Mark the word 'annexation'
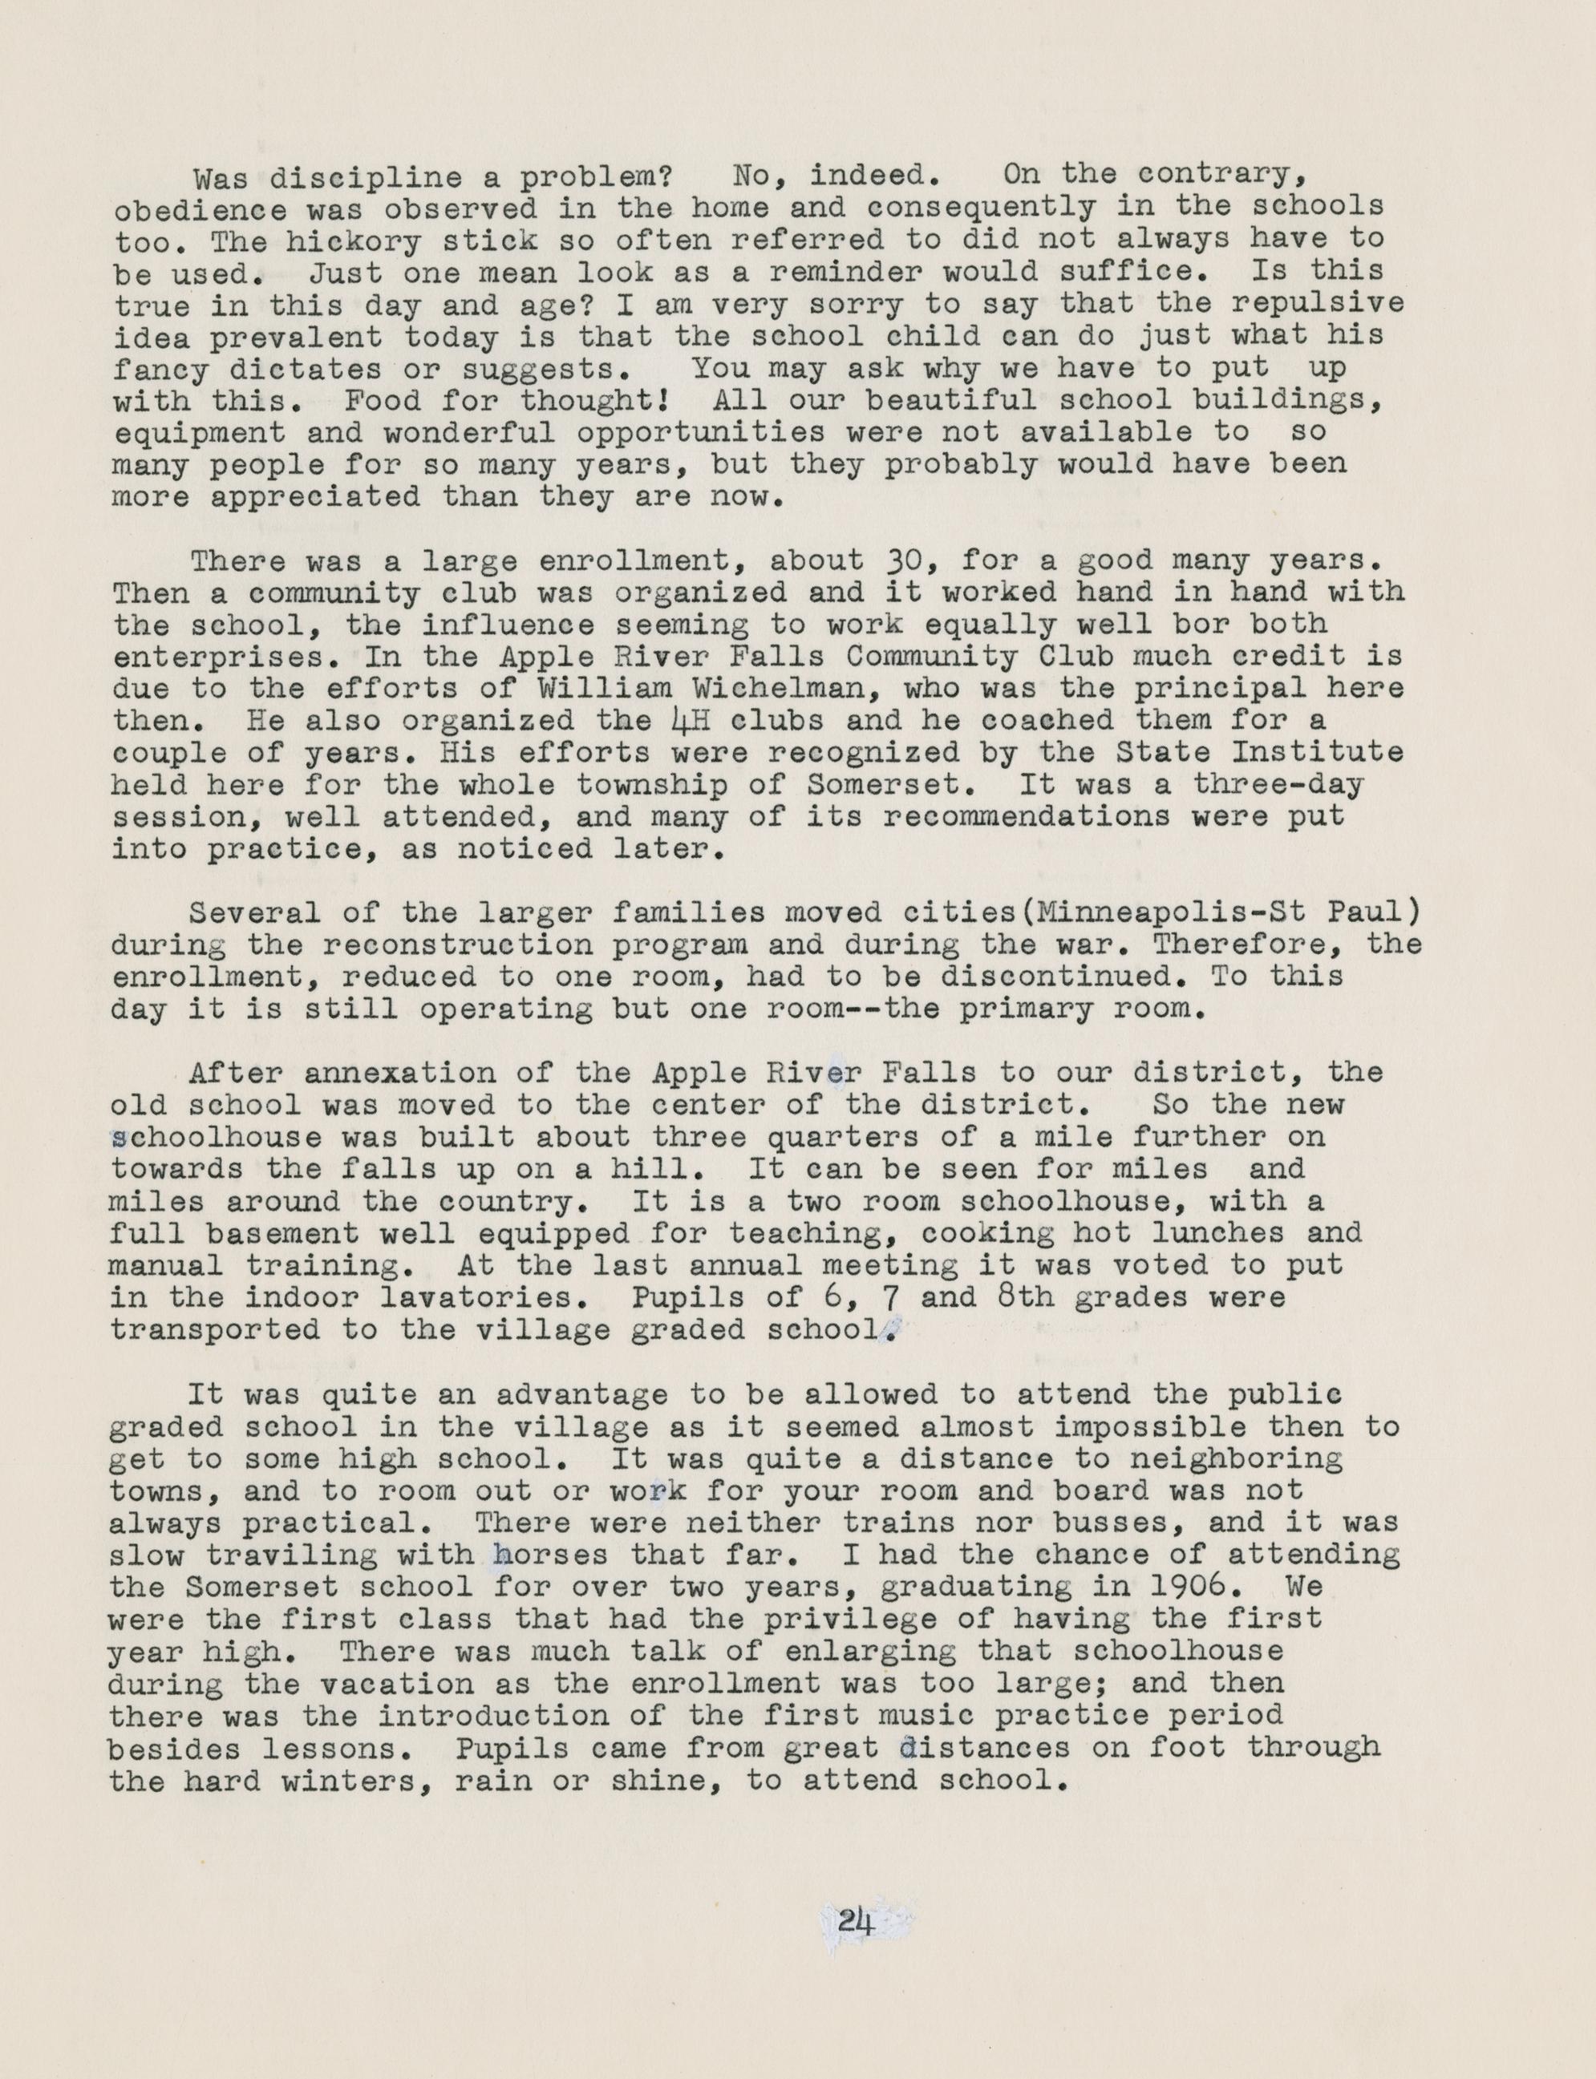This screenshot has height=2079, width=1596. click(x=399, y=1074)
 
